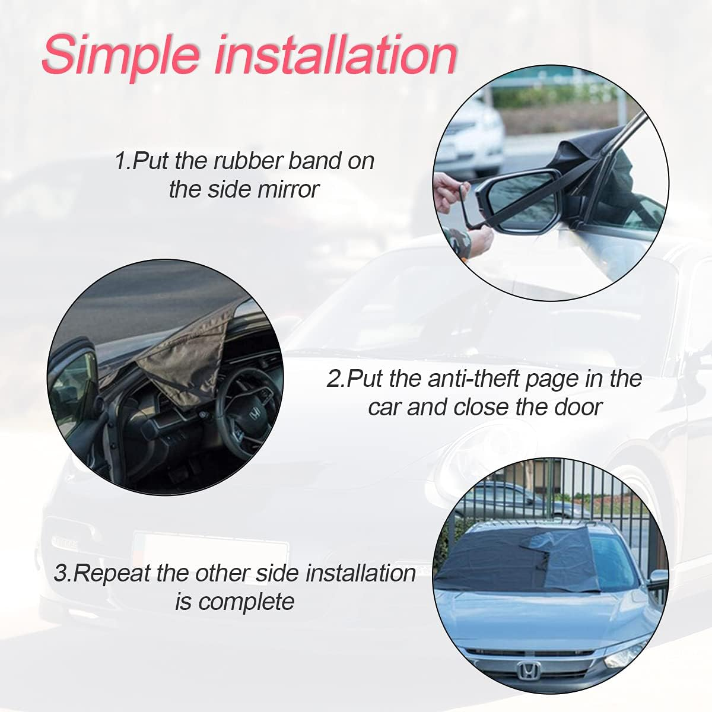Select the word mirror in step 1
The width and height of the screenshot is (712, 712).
click(x=288, y=189)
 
